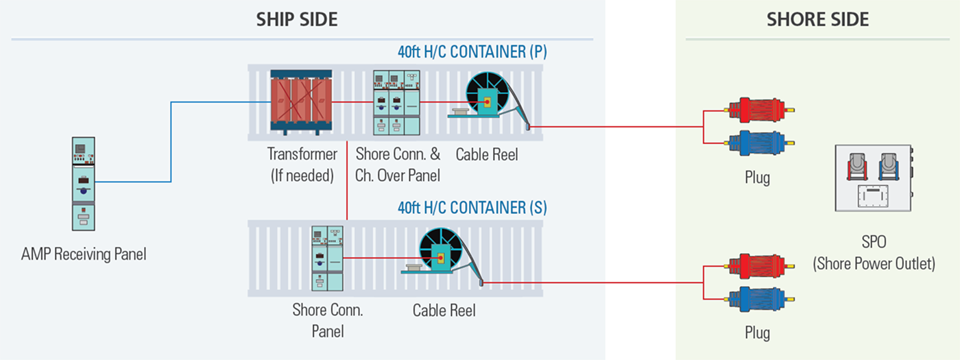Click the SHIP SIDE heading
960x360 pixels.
tap(297, 19)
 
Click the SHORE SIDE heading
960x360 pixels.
tap(817, 19)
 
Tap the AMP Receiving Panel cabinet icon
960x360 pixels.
tap(83, 183)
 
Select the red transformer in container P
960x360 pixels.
tap(301, 101)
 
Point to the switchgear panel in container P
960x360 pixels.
tap(396, 102)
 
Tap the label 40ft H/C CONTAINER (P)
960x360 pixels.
tap(472, 52)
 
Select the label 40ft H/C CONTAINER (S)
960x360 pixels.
tap(472, 206)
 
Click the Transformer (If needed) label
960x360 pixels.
tap(302, 165)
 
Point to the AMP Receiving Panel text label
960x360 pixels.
tap(84, 254)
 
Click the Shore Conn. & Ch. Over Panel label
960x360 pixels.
tap(398, 165)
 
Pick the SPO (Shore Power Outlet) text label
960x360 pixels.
tap(874, 254)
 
